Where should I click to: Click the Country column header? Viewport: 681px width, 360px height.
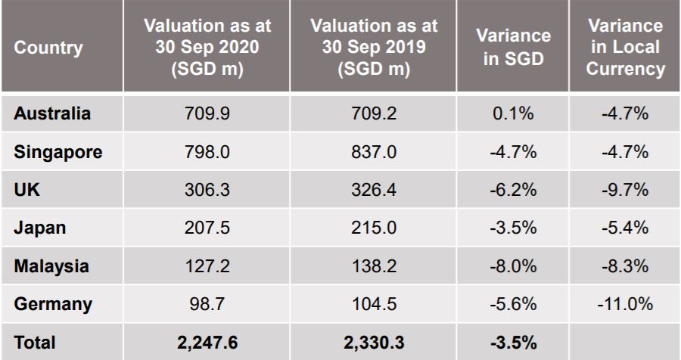pos(48,48)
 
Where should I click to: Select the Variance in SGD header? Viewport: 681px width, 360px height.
pos(514,48)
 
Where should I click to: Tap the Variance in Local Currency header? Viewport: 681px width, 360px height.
pos(625,48)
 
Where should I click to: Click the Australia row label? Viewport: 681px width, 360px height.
pos(52,114)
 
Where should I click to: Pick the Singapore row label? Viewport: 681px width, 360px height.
pos(58,152)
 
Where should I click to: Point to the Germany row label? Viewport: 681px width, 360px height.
pos(53,305)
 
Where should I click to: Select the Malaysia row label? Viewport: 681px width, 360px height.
pos(51,266)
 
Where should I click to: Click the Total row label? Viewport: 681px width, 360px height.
pos(35,343)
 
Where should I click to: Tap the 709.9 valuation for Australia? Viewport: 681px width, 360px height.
pos(206,114)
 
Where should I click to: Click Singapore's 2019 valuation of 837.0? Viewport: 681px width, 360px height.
pos(373,152)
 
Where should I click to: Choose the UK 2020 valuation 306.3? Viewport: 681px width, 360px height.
pos(206,190)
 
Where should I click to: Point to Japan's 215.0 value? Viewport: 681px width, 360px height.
pos(373,228)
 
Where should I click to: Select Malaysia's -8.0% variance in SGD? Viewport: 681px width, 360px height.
pos(514,266)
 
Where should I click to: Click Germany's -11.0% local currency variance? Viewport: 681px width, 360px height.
pos(625,305)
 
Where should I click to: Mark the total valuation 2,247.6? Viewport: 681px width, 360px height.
pos(206,343)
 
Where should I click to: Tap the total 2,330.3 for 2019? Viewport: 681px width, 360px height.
pos(373,343)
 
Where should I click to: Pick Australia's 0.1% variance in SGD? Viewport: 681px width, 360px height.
pos(514,114)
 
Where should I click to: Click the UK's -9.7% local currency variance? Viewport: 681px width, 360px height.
pos(625,190)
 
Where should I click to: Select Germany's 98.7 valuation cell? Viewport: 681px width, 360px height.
pos(206,305)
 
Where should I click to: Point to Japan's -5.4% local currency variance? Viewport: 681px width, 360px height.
pos(625,228)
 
